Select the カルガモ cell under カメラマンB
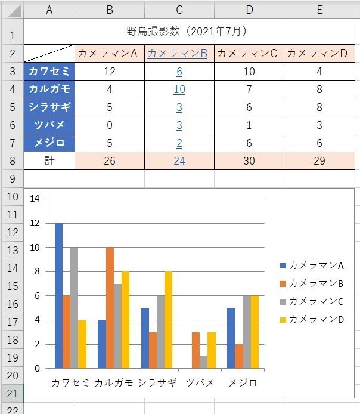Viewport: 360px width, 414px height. (179, 89)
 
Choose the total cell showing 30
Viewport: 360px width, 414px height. (249, 162)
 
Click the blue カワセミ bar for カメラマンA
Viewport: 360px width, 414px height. (58, 295)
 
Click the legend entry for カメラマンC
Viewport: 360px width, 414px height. (312, 301)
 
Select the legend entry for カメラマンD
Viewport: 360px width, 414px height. (312, 319)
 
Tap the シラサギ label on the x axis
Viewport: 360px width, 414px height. (157, 382)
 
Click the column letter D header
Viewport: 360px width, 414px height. (249, 10)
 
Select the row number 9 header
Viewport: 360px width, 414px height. (12, 178)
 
